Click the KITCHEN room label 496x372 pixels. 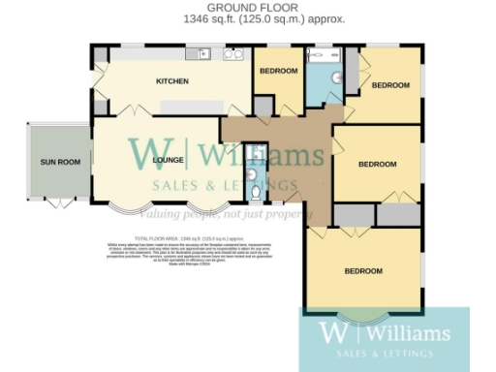click(x=172, y=81)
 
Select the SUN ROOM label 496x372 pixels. click(x=59, y=162)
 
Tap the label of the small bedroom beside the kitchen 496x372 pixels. click(x=277, y=72)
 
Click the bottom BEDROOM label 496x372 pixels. click(x=363, y=270)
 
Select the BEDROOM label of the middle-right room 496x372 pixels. click(x=377, y=164)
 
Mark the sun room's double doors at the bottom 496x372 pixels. click(x=59, y=202)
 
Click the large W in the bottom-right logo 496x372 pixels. click(x=330, y=333)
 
